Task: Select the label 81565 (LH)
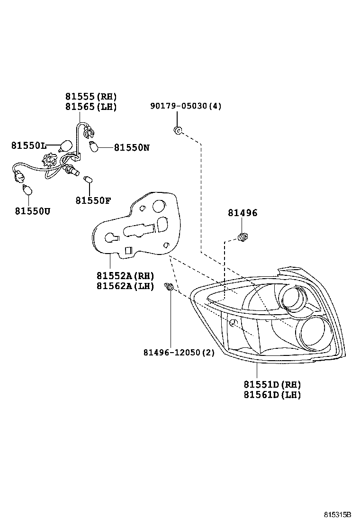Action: click(x=91, y=107)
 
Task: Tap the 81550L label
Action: click(x=28, y=145)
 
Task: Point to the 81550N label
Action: click(x=131, y=147)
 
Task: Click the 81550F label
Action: click(x=93, y=200)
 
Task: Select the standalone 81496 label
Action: click(x=243, y=213)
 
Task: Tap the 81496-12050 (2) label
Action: click(x=179, y=353)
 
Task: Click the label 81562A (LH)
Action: click(x=126, y=286)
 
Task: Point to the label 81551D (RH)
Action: click(x=272, y=384)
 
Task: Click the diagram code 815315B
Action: click(x=337, y=515)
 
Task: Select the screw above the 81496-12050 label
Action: click(x=170, y=287)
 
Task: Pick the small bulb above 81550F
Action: click(x=88, y=180)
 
